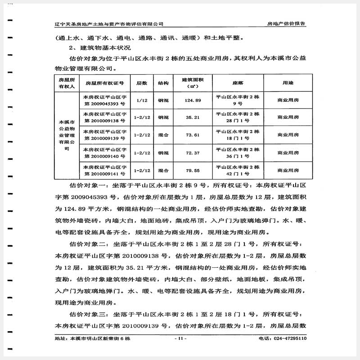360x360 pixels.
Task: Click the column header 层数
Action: click(x=142, y=83)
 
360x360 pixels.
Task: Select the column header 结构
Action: click(x=163, y=83)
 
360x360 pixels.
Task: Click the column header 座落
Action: click(x=238, y=83)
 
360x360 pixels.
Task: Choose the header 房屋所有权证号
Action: click(x=104, y=83)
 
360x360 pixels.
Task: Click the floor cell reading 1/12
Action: click(x=142, y=100)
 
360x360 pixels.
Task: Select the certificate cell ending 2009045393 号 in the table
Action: click(x=104, y=100)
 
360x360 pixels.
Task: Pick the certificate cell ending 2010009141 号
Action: click(x=104, y=171)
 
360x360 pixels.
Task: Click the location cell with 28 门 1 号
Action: click(x=238, y=118)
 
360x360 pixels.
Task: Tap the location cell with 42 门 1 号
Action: click(x=238, y=171)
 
